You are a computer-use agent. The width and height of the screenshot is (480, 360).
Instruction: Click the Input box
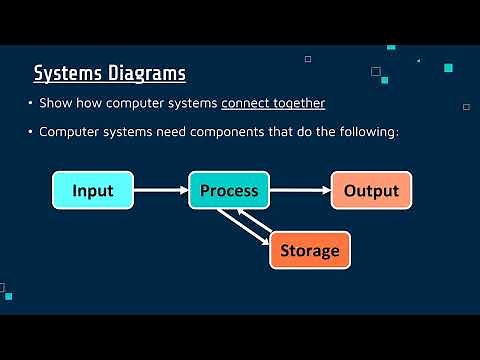pos(93,190)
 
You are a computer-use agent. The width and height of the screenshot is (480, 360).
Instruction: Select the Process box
pos(229,190)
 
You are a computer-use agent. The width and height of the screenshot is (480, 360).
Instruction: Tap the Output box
pos(371,190)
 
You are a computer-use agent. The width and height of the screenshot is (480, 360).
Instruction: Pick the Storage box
pos(310,250)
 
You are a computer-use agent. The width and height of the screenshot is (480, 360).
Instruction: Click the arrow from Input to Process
pos(160,190)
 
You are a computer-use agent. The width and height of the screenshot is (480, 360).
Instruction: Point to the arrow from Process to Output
pos(300,190)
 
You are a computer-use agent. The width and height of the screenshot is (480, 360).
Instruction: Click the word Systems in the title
pos(67,73)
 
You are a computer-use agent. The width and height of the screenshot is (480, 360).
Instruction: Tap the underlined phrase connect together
pos(273,103)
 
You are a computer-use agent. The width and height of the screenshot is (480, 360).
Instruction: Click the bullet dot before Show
pos(30,103)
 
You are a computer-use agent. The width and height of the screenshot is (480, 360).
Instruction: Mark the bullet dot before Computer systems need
pos(30,131)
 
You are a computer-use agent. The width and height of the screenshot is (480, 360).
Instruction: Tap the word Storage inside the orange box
pos(310,250)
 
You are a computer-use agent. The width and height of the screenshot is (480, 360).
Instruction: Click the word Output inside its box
pos(371,190)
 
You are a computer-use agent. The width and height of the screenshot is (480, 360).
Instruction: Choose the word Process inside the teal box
pos(229,190)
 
